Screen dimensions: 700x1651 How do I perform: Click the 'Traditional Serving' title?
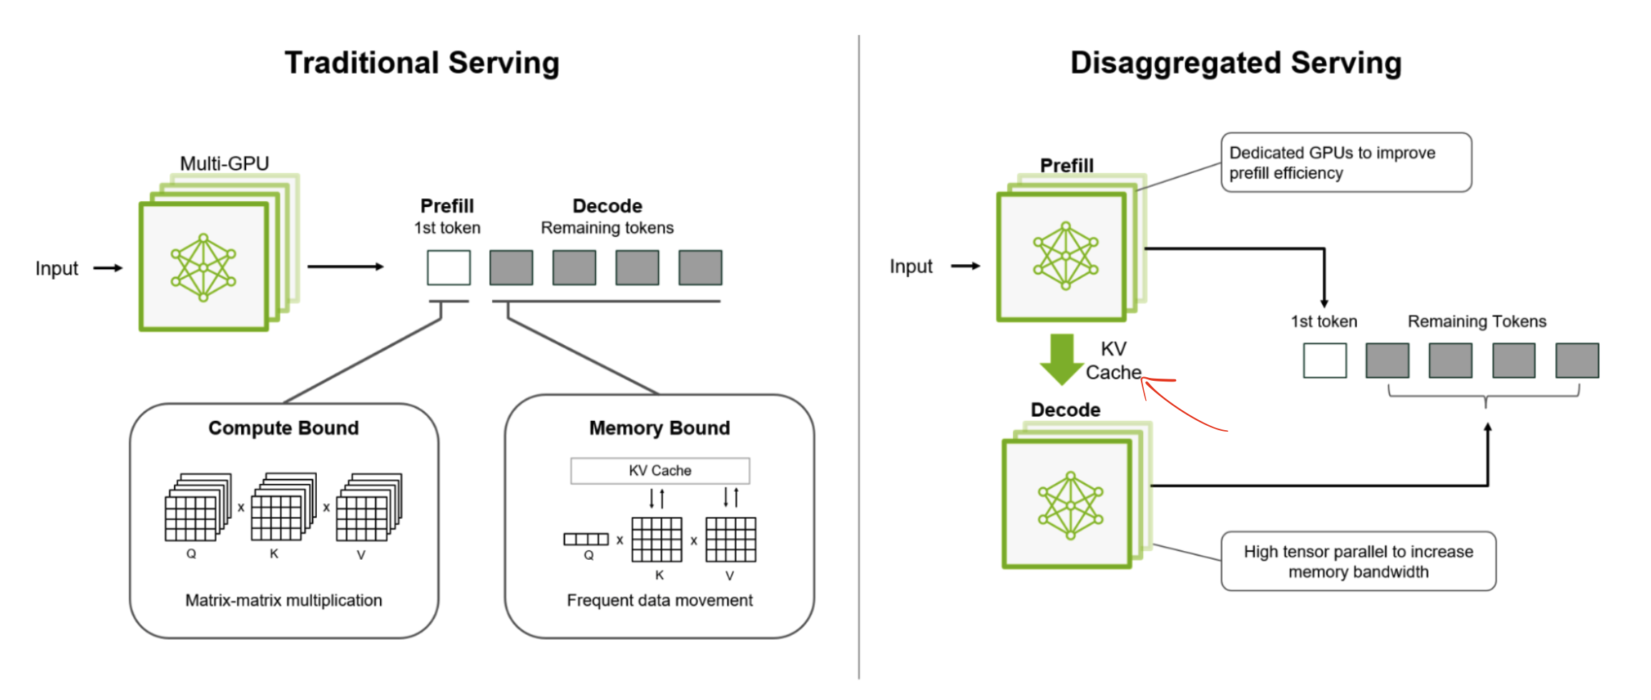(422, 63)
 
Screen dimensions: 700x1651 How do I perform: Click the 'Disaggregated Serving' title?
(1235, 63)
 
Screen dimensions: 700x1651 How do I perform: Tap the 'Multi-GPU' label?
(224, 163)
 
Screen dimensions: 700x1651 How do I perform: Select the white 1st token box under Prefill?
(449, 268)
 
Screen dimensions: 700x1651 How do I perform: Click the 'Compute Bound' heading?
(283, 428)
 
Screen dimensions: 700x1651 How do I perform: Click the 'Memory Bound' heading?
(660, 428)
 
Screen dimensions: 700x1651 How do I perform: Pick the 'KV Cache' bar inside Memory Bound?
(660, 471)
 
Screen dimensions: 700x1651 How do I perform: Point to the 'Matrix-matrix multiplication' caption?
(283, 600)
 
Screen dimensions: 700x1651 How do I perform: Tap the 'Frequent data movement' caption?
(660, 600)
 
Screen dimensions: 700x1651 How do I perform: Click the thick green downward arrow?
(1062, 358)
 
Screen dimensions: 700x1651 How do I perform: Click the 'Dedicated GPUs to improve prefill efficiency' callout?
(1346, 162)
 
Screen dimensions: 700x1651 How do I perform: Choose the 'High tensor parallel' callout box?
(1358, 561)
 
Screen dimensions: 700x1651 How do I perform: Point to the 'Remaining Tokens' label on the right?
(1476, 321)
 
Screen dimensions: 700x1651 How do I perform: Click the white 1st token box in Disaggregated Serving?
(1324, 360)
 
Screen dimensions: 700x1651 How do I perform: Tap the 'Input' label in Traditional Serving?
(57, 268)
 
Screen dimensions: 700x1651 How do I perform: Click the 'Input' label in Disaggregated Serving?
(911, 266)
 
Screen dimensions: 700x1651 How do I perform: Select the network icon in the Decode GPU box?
(1070, 505)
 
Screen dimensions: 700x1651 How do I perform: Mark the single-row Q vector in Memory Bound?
(586, 539)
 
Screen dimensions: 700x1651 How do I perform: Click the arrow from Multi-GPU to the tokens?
(346, 267)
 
